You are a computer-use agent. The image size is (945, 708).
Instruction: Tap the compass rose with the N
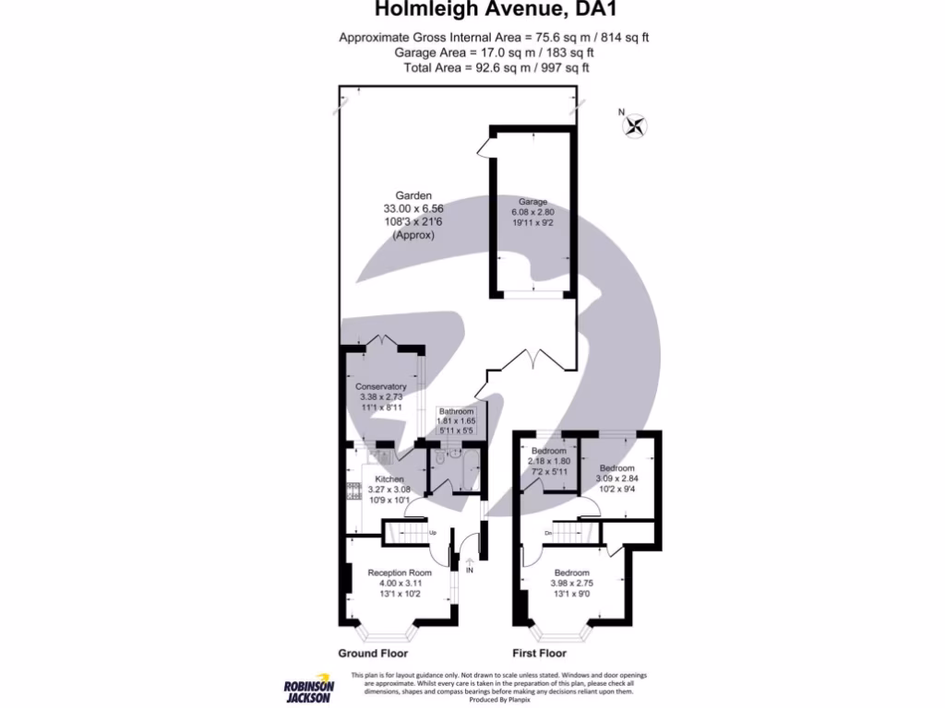point(635,125)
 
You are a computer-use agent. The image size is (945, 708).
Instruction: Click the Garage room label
point(532,202)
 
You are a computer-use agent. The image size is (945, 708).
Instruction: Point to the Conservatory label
point(382,386)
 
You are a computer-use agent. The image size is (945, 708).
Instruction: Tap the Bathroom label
point(456,411)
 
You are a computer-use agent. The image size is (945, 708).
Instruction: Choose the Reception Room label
point(400,572)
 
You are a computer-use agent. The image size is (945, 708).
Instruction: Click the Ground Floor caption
point(372,654)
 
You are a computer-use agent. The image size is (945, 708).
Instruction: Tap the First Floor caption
point(539,654)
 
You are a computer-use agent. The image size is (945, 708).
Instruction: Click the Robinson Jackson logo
point(309,687)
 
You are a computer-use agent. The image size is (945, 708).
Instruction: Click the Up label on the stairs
point(432,533)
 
